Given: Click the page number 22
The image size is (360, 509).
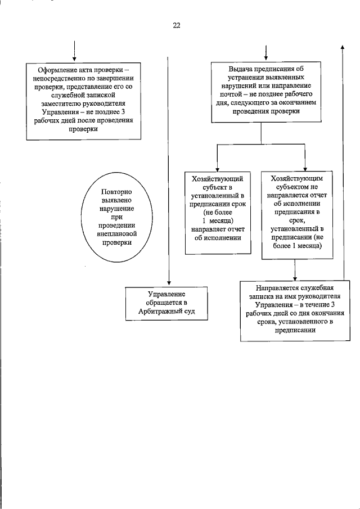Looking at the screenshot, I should (176, 25).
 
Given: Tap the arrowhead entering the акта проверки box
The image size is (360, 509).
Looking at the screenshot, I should (74, 59).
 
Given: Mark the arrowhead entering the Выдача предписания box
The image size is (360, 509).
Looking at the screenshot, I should (265, 59).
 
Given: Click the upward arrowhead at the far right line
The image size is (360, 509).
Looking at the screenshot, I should (343, 47).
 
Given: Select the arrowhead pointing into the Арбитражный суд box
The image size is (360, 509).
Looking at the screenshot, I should (168, 284).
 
